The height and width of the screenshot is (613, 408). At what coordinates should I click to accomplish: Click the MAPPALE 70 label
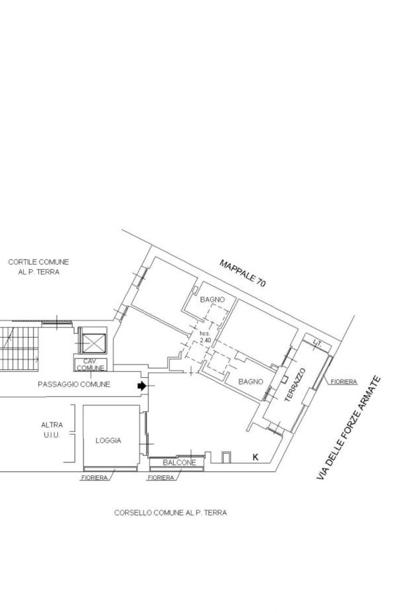[x=242, y=273]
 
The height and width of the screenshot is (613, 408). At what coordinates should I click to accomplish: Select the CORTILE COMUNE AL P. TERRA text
[x=39, y=267]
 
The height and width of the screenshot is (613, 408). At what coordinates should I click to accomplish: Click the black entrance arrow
[x=141, y=386]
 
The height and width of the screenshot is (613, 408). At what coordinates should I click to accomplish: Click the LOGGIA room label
[x=108, y=440]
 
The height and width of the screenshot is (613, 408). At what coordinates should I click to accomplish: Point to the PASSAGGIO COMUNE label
[x=74, y=384]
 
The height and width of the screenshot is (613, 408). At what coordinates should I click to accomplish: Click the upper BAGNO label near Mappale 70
[x=212, y=300]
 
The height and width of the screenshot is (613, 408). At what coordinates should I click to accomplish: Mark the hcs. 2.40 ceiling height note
[x=205, y=337]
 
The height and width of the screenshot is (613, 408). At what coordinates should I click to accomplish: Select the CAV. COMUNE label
[x=90, y=365]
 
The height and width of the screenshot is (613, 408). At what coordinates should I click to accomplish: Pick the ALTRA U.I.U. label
[x=52, y=430]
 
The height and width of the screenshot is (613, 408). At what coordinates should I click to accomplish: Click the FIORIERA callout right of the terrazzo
[x=344, y=382]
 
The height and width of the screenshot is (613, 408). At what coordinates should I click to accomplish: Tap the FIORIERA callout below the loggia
[x=94, y=478]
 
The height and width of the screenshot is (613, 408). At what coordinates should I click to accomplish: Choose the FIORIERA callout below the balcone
[x=161, y=478]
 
